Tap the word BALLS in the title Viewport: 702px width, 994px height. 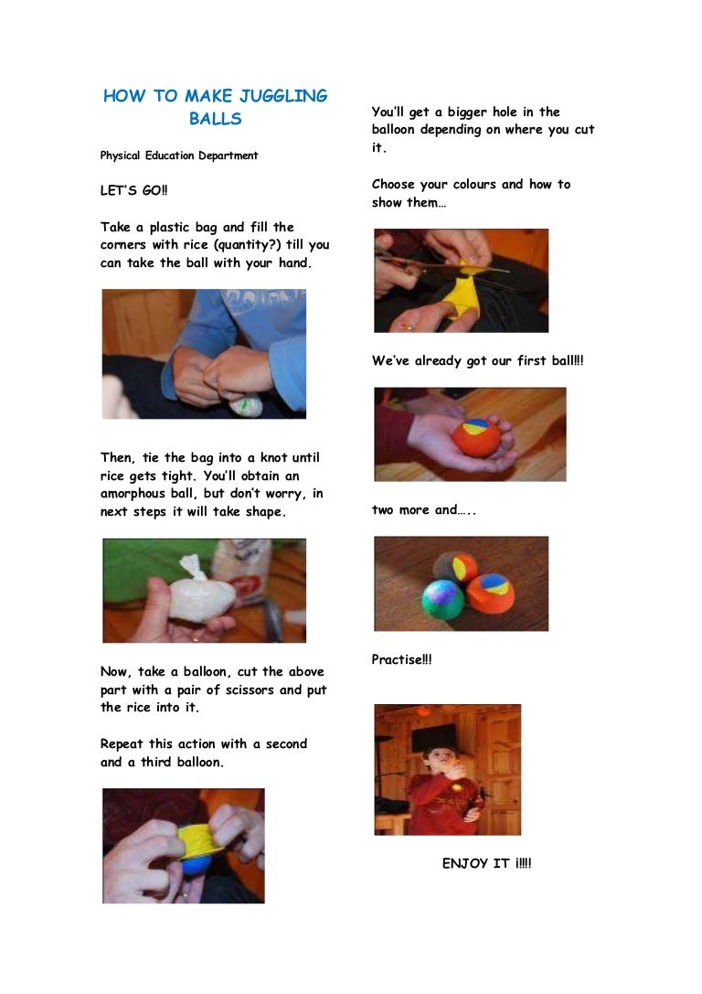pos(216,119)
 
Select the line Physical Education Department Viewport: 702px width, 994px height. pos(179,155)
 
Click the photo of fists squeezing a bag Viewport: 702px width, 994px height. pos(204,354)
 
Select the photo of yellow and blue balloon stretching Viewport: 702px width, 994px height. pos(183,845)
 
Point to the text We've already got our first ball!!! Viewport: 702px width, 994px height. pos(477,361)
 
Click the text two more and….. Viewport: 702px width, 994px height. pos(424,510)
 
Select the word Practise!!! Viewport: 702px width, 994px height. pos(401,659)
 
